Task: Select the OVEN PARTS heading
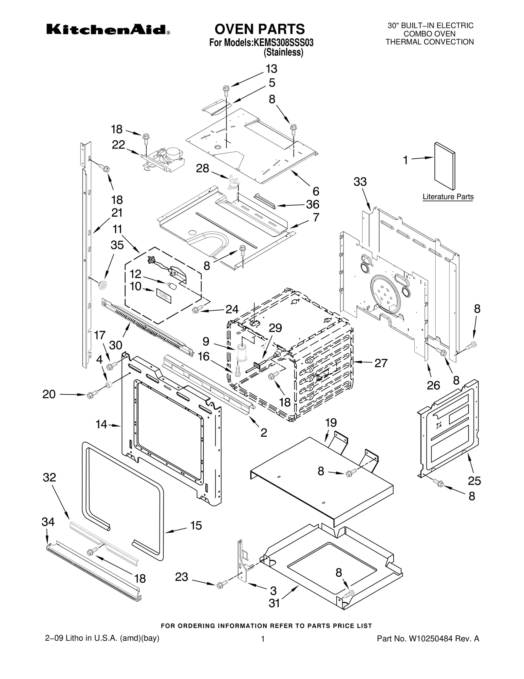[x=259, y=29]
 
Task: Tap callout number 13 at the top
[x=271, y=69]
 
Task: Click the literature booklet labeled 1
[x=444, y=166]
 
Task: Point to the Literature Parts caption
[x=448, y=197]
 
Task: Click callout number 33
[x=360, y=182]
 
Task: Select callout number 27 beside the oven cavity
[x=381, y=363]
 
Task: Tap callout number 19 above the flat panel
[x=331, y=423]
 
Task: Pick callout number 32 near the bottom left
[x=49, y=477]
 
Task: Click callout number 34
[x=48, y=522]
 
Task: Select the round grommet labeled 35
[x=103, y=284]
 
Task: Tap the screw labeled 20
[x=90, y=395]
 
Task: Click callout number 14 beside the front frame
[x=102, y=424]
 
